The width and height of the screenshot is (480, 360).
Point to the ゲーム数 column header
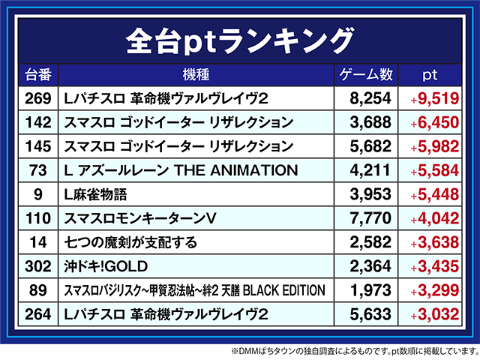click(367, 75)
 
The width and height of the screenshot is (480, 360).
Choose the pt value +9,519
click(433, 99)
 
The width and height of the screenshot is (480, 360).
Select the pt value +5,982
click(433, 146)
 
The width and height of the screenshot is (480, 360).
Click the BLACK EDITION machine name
click(195, 290)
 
